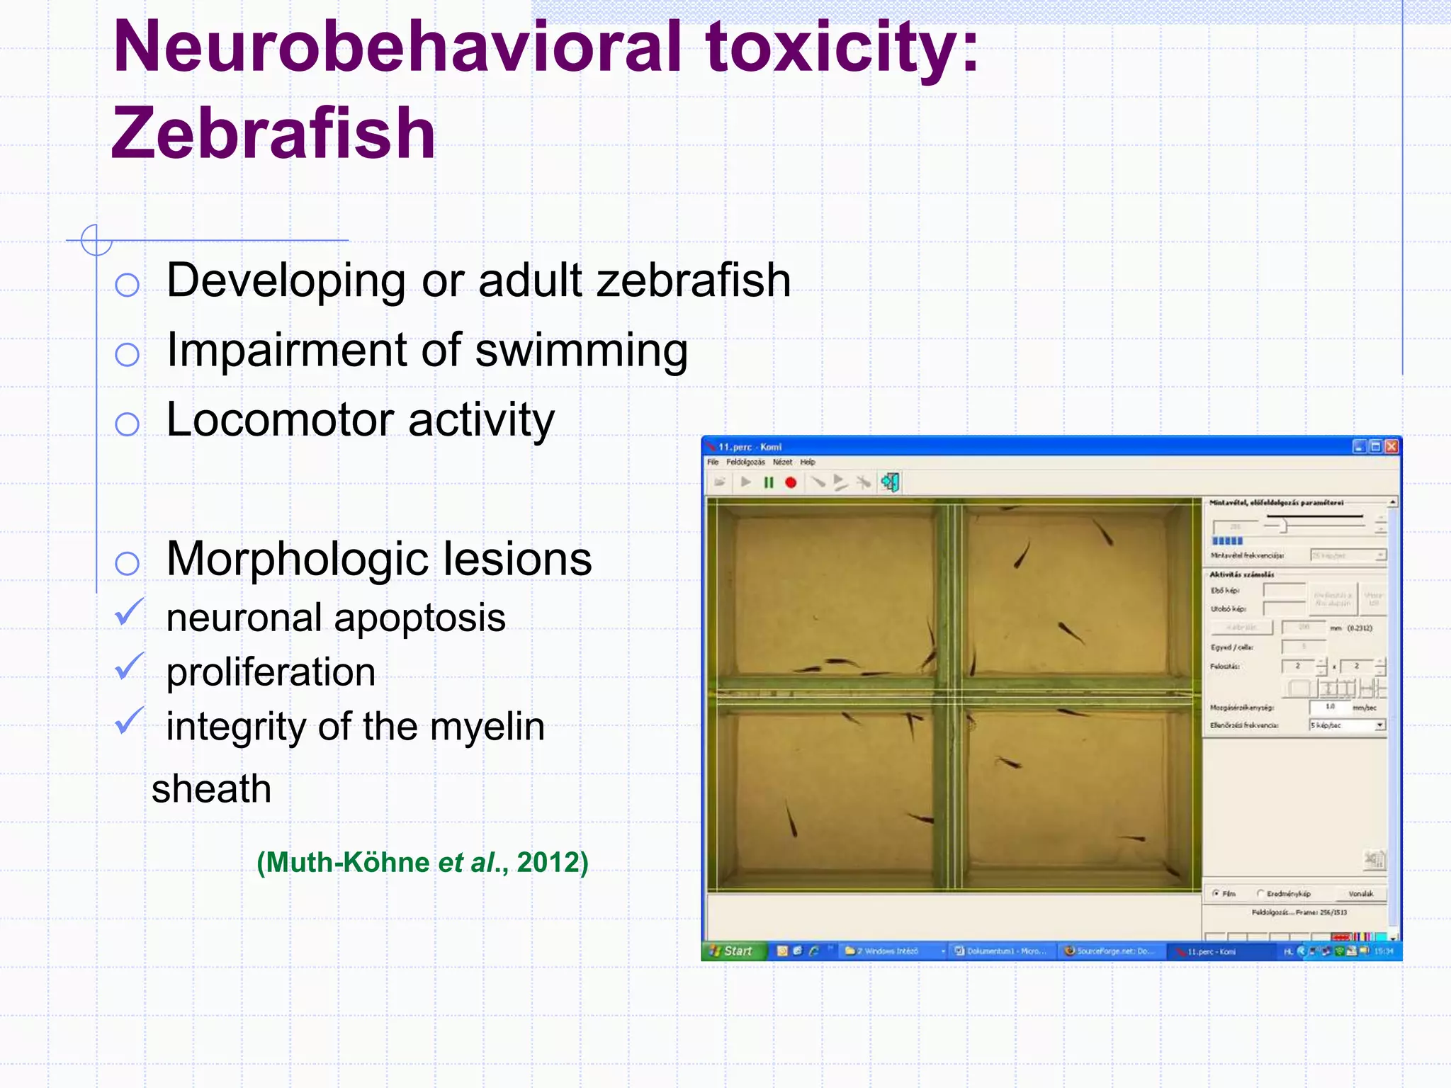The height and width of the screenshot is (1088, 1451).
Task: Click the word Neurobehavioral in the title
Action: point(397,47)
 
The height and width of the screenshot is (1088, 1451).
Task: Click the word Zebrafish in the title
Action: point(273,134)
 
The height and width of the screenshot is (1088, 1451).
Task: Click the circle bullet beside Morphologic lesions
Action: point(127,564)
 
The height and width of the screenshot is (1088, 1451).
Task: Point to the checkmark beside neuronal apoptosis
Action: point(129,613)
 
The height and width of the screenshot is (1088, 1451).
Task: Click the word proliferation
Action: point(271,672)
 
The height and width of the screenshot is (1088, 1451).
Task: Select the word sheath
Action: point(211,789)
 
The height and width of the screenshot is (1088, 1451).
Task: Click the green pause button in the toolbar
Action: point(769,483)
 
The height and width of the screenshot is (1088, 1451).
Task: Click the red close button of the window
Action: point(1391,446)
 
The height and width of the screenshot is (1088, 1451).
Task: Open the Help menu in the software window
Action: point(808,462)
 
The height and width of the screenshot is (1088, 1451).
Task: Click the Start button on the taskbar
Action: point(732,951)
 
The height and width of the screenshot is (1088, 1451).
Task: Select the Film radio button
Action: point(1216,894)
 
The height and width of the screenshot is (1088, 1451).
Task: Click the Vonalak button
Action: point(1360,894)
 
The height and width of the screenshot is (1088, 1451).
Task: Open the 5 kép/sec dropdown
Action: point(1379,725)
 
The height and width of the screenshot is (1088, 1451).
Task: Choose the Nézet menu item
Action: point(782,462)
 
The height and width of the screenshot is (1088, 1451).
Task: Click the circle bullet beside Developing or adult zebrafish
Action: point(127,285)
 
